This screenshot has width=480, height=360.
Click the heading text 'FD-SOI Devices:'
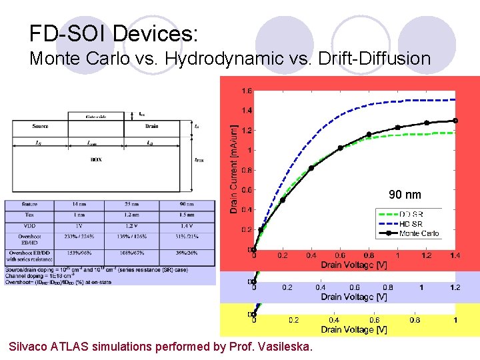(113, 33)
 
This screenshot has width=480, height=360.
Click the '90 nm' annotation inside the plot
(405, 195)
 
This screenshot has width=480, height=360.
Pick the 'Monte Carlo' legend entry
(419, 233)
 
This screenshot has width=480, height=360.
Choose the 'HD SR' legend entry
(411, 223)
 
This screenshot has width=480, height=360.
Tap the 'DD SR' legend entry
(411, 214)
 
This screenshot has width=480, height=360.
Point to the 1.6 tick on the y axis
(246, 91)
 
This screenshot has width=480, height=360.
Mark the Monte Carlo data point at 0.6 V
(340, 148)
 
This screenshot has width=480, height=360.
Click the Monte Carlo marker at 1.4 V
(455, 121)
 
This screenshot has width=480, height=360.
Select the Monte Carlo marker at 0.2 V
(283, 200)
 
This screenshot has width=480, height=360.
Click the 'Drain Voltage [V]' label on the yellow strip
(354, 329)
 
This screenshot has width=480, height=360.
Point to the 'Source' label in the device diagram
(40, 126)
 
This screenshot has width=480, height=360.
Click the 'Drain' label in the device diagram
(151, 126)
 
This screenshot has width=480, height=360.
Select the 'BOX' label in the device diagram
(96, 160)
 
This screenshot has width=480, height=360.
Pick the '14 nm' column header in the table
(80, 204)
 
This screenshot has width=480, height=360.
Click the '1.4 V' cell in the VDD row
(186, 225)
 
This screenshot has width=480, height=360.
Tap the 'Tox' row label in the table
(29, 215)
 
